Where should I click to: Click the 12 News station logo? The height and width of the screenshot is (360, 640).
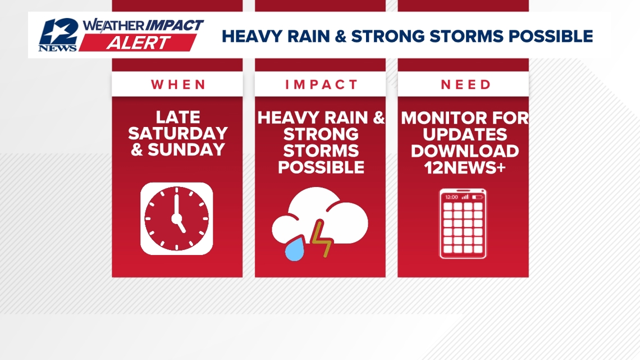[58, 35]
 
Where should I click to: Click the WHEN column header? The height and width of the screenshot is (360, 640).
[177, 85]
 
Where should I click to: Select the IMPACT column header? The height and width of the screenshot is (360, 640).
[321, 85]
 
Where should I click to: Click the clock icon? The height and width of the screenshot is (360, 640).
[177, 218]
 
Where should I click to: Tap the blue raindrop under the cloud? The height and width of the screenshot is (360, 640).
[295, 249]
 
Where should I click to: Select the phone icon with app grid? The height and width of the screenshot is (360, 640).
[463, 224]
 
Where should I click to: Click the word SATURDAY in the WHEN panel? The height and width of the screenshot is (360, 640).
[177, 134]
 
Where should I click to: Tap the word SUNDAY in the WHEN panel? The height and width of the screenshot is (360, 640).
[186, 150]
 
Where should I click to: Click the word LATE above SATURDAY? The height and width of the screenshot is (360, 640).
[177, 117]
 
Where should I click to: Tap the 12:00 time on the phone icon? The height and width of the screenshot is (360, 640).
[451, 197]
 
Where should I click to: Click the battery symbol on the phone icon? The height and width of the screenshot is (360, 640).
[478, 197]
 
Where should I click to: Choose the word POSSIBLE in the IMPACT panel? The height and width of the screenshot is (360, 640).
[321, 167]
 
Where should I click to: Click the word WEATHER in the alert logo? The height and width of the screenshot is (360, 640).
[113, 26]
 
